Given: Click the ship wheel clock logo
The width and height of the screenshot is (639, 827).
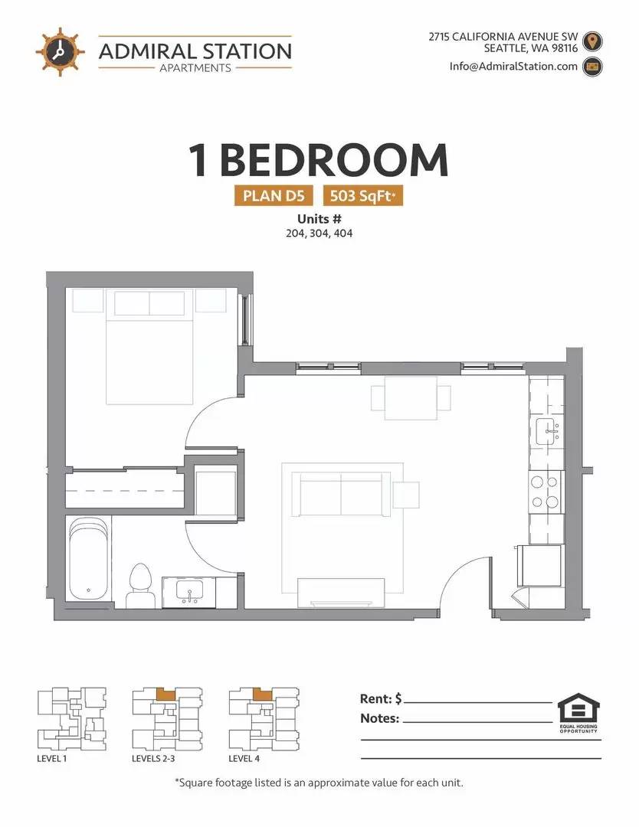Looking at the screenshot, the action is click(x=61, y=52).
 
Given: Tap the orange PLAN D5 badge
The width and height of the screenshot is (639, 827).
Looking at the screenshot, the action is click(x=274, y=196).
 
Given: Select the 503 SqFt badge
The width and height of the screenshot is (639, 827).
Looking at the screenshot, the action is click(x=363, y=196).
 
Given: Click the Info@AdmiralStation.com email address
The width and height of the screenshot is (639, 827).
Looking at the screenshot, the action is click(x=513, y=67).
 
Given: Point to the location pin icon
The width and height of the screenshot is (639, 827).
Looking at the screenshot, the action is click(x=592, y=41).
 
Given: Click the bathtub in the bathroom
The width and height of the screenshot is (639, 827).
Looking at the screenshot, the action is click(x=89, y=558).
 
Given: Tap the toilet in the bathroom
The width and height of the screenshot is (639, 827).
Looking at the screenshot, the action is click(x=139, y=585).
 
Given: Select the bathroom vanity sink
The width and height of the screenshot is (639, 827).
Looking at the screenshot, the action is click(x=189, y=592).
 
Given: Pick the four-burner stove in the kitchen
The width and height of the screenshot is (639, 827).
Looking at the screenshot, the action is click(x=545, y=492).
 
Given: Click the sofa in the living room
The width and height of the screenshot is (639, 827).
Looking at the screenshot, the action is click(x=341, y=494).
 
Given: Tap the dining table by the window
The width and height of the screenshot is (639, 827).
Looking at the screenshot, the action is click(x=411, y=397).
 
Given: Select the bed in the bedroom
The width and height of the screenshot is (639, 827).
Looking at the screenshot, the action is click(x=150, y=347).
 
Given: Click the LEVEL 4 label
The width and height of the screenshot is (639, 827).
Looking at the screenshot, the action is click(x=244, y=758).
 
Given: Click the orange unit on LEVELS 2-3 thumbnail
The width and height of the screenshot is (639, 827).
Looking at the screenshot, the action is click(x=167, y=694).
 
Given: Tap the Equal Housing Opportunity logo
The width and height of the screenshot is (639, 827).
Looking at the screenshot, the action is click(x=578, y=713).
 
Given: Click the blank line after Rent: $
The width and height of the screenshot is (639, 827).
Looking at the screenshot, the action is click(x=478, y=702).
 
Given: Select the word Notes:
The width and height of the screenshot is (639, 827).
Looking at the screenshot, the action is click(x=380, y=718).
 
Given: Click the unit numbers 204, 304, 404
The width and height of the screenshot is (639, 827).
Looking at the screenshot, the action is click(x=319, y=233).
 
